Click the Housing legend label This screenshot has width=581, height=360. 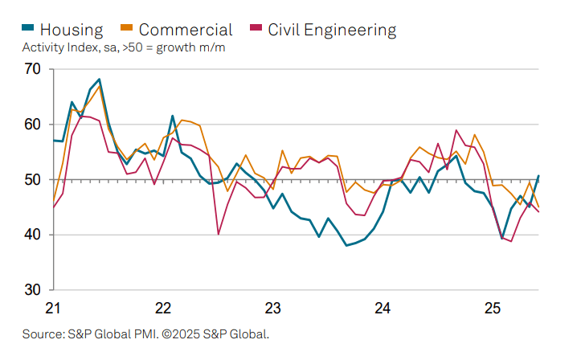[x=72, y=30]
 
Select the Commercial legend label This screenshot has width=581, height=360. [x=186, y=30]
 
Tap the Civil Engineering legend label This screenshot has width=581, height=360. [x=332, y=30]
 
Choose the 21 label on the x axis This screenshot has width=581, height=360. [x=53, y=308]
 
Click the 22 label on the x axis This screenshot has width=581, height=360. [x=163, y=308]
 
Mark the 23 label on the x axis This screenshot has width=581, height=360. [x=272, y=308]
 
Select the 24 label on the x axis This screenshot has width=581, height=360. [x=383, y=308]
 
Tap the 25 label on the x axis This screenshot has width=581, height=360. [x=493, y=308]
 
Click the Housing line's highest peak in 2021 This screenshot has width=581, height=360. [x=99, y=80]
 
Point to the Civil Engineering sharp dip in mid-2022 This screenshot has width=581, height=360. [x=219, y=234]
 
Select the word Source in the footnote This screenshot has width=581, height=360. [x=42, y=333]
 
